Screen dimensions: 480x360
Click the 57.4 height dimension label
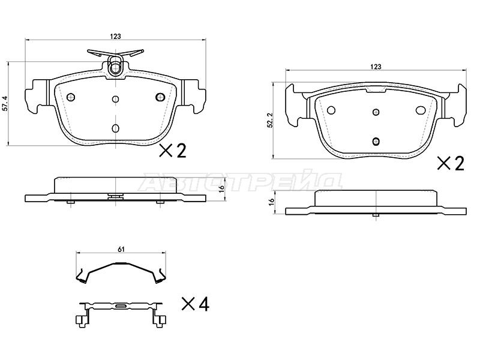[5, 103]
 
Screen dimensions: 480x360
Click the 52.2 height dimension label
[269, 120]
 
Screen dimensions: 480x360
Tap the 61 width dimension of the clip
[121, 250]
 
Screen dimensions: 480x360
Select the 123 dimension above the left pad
[115, 36]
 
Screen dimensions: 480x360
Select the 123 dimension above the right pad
[376, 67]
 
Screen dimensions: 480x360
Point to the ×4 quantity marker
[196, 304]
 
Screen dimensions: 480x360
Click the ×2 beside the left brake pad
[173, 151]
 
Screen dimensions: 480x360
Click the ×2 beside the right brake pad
[451, 163]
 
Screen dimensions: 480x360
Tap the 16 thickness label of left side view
[222, 188]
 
